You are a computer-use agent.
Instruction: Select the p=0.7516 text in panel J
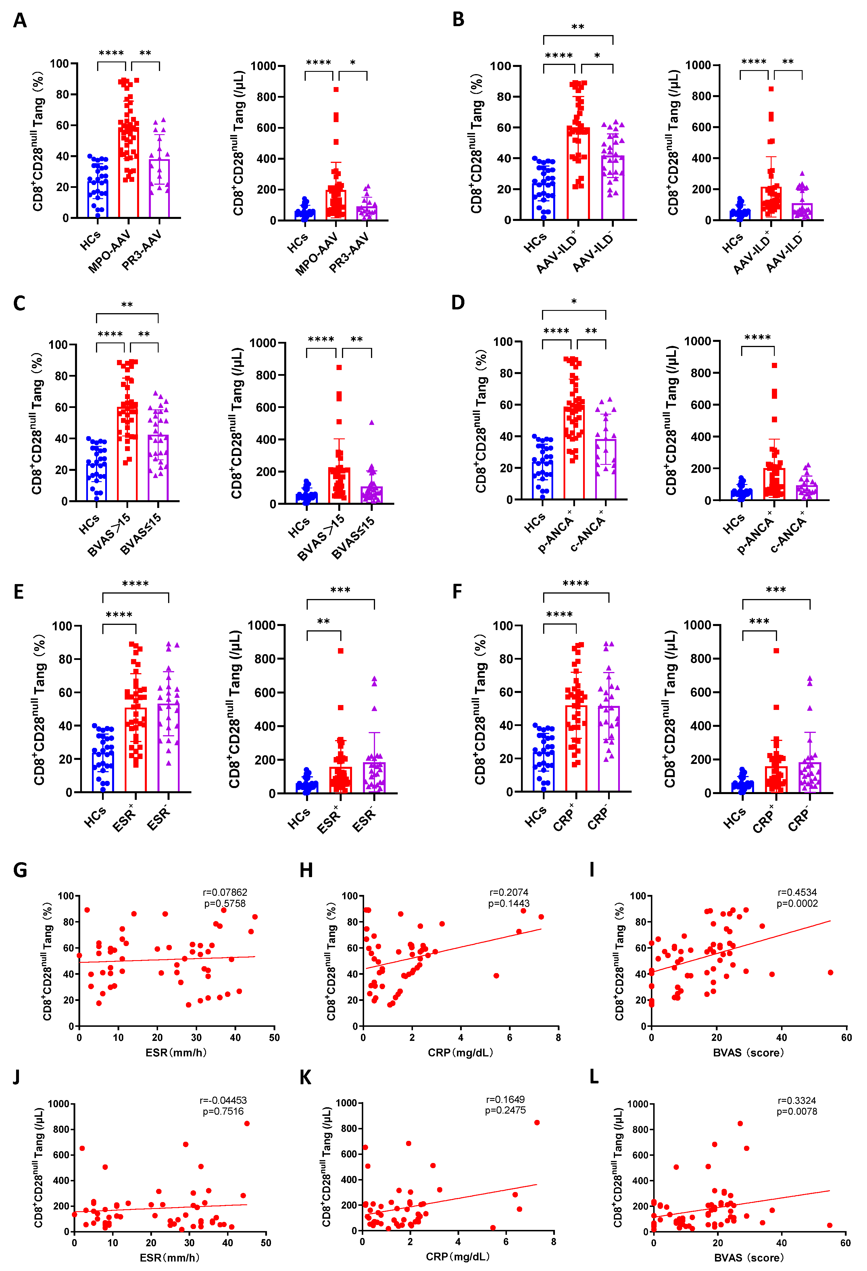(223, 1111)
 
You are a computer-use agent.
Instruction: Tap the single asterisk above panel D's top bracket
(574, 302)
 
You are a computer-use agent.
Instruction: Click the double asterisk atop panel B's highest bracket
(578, 27)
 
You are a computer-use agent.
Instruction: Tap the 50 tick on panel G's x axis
(274, 1037)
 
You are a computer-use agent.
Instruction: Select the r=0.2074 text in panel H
(509, 892)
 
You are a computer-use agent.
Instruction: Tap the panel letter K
(305, 1077)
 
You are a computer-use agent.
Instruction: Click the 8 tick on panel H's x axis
(558, 1037)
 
